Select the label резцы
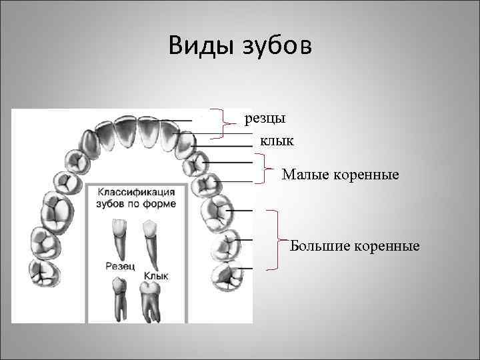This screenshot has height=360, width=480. click(x=265, y=118)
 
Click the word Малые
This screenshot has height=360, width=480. click(x=304, y=175)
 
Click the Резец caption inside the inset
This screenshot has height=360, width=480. click(x=120, y=265)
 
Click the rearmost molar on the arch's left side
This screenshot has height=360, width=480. click(x=41, y=273)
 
